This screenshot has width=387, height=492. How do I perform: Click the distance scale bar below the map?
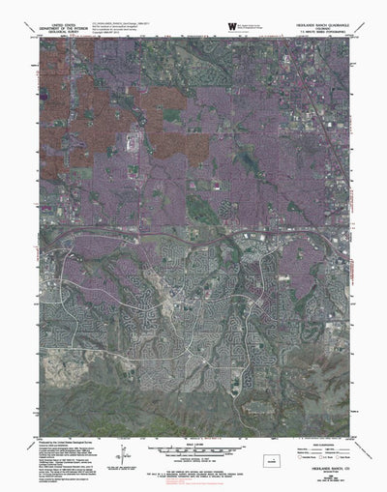[193, 426]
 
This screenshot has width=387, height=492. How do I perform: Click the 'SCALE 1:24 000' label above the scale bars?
[193, 417]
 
